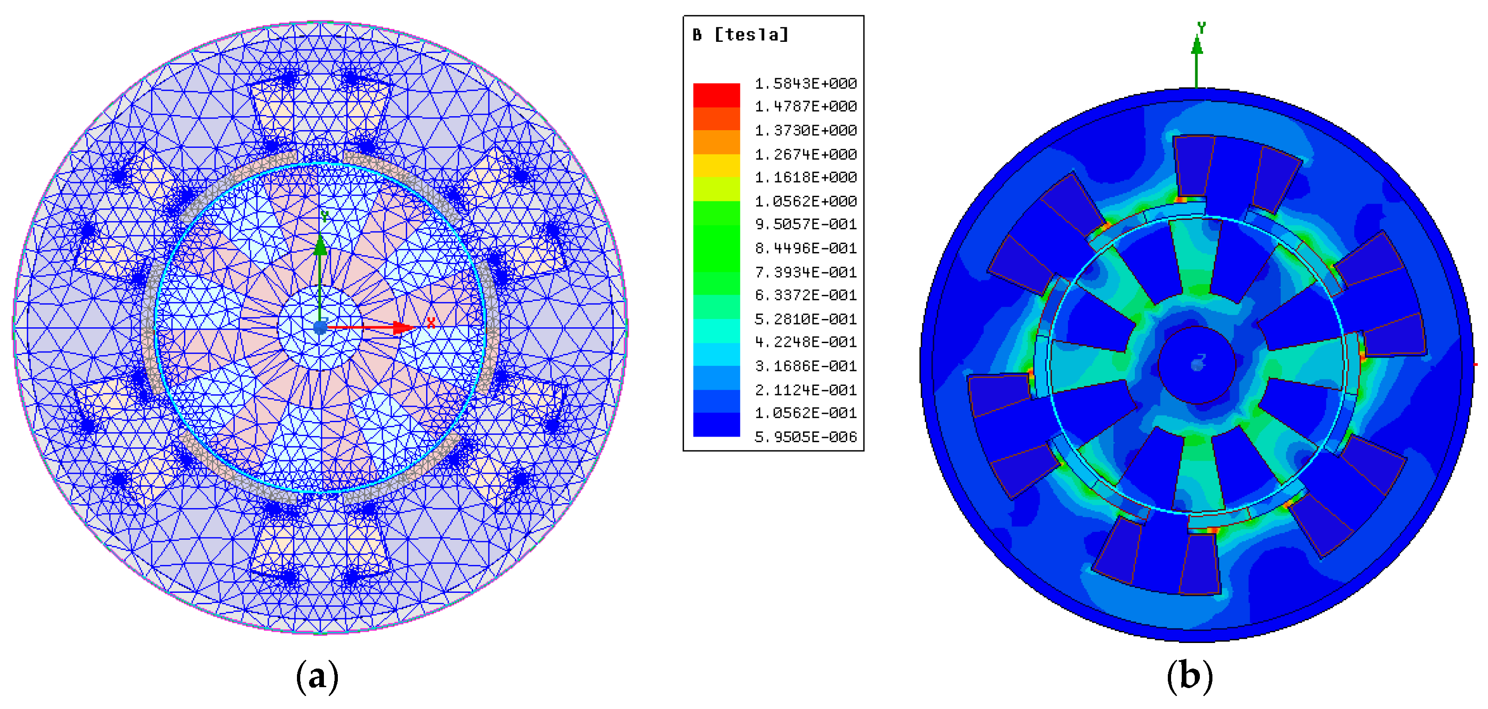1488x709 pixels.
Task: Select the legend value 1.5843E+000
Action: coord(805,84)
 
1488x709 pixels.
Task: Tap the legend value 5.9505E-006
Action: coord(805,437)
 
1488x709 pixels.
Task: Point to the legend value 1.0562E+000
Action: coord(805,201)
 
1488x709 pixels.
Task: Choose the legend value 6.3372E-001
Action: coord(805,295)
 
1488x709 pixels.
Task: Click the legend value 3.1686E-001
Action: coord(805,366)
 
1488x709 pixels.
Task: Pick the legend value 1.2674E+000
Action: coord(805,154)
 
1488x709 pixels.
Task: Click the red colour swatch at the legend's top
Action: coord(716,95)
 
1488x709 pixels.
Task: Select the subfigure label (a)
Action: coord(317,676)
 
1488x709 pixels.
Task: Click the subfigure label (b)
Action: coord(1189,676)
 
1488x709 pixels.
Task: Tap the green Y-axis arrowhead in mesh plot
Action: coord(320,245)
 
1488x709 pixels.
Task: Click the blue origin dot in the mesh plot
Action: coord(320,328)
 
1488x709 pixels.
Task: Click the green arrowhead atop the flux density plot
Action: coord(1197,46)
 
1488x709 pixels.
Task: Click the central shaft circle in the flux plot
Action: coord(1196,364)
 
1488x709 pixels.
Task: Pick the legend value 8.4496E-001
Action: coord(805,248)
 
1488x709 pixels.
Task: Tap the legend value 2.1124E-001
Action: coord(805,390)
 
